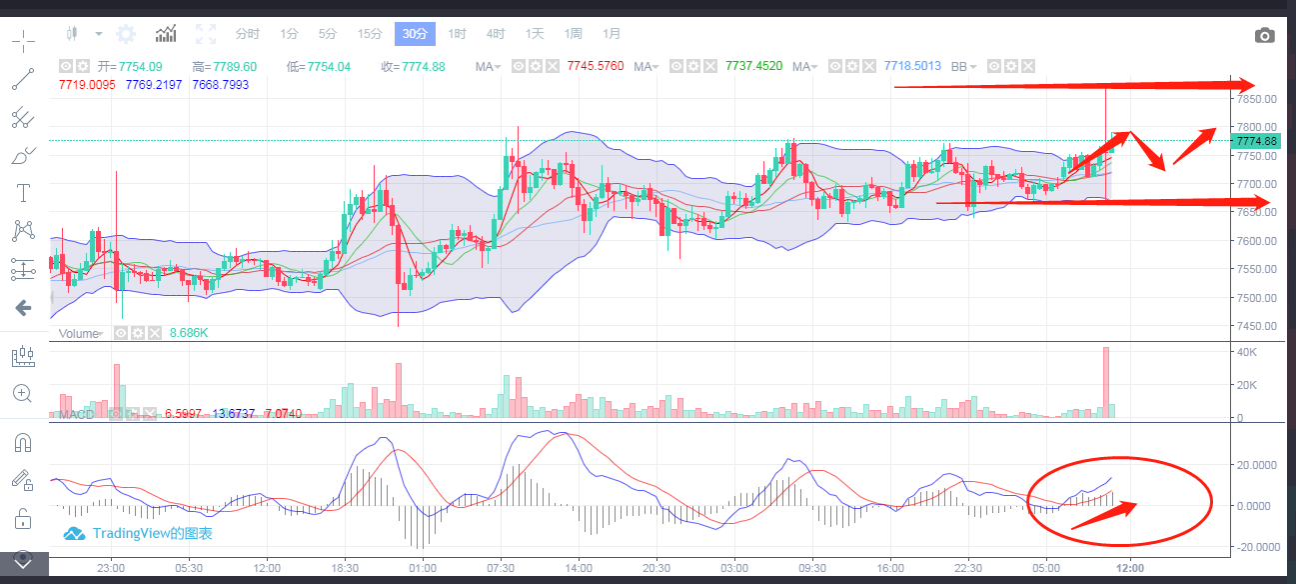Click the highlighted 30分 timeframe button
click(414, 34)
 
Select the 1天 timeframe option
click(535, 34)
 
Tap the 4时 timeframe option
click(496, 34)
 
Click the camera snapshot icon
click(1265, 36)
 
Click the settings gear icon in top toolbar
click(126, 34)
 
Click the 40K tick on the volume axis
click(1246, 352)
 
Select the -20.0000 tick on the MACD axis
click(1259, 547)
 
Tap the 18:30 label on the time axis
click(345, 567)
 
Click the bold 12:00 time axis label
click(1130, 567)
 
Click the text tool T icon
click(23, 192)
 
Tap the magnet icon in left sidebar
click(23, 442)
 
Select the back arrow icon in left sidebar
click(23, 308)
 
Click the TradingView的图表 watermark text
click(152, 534)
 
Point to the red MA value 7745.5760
click(595, 66)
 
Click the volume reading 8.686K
click(189, 333)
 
